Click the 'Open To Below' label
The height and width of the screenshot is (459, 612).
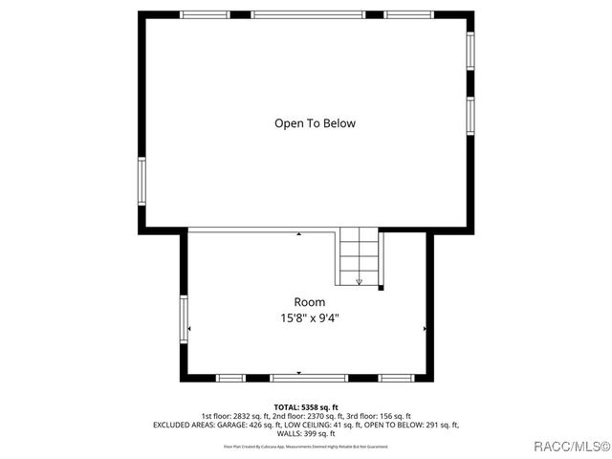(x=315, y=123)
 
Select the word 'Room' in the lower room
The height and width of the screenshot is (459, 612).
(x=302, y=302)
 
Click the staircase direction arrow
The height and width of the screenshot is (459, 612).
(x=360, y=281)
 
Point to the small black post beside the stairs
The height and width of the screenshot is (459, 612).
(x=382, y=287)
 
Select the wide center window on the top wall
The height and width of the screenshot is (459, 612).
(x=307, y=14)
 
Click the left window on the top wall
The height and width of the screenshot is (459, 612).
(x=205, y=14)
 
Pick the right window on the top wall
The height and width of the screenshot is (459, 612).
(x=409, y=14)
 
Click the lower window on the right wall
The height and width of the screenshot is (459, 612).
(x=470, y=114)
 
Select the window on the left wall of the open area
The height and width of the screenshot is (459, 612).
(x=142, y=182)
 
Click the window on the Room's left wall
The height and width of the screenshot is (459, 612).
(x=184, y=318)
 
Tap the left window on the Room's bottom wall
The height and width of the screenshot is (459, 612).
(x=230, y=378)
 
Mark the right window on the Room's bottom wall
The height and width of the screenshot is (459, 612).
(x=396, y=378)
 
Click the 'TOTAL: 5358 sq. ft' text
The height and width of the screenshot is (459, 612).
(x=306, y=407)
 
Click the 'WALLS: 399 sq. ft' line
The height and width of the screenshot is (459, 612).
(x=306, y=433)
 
